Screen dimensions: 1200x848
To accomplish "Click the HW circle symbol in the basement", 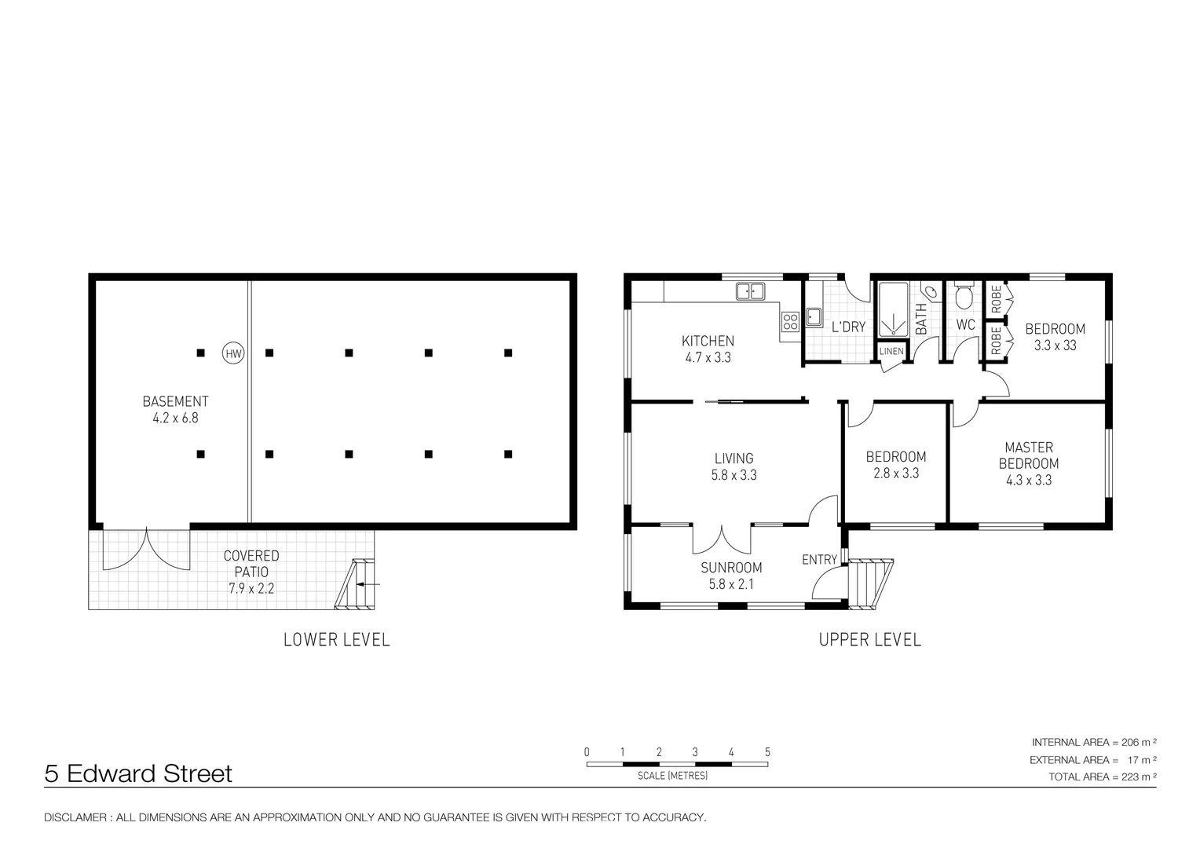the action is point(233,353).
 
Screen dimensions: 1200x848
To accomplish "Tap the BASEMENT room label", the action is point(175,401).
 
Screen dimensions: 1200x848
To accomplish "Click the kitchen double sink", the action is point(750,291).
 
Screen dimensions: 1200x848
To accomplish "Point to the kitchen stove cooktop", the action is point(790,322).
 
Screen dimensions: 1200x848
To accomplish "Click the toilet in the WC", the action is point(964,296).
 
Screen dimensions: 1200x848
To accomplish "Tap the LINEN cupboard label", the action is point(891,352).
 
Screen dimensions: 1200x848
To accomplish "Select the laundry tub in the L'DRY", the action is point(814,317).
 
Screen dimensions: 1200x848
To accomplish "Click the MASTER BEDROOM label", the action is point(1029,455).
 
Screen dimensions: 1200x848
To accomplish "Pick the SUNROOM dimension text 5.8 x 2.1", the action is point(731,584).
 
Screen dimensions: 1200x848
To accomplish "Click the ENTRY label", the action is point(819,560).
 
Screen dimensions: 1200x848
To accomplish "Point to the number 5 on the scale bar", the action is point(767,752).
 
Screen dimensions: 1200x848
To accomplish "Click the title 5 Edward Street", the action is point(138,773).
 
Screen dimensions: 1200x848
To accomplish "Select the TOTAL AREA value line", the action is point(1102,777).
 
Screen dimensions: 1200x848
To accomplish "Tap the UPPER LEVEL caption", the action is point(870,640).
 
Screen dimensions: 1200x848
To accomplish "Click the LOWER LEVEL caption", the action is point(336,640).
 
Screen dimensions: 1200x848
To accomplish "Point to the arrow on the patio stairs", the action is point(368,584).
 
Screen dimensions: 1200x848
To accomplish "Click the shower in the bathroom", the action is point(894,309).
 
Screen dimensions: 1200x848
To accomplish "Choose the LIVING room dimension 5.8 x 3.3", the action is point(734,475).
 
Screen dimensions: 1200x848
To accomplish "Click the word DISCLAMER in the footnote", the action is point(75,817).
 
